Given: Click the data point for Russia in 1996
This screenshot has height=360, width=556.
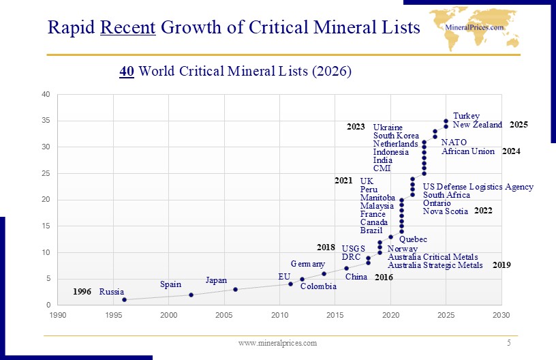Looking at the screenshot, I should click(x=124, y=299).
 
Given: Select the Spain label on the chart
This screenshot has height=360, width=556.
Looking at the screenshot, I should click(x=170, y=284).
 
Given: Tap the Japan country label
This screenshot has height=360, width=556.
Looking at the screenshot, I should click(x=216, y=280).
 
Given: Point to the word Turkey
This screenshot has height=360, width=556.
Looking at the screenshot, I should click(x=466, y=117).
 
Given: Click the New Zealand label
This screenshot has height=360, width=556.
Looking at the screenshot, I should click(x=477, y=125).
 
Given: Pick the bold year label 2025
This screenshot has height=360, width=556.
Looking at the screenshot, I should click(x=519, y=125).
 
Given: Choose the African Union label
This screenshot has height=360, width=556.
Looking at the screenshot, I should click(x=468, y=151).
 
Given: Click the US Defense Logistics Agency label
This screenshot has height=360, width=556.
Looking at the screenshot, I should click(x=478, y=187).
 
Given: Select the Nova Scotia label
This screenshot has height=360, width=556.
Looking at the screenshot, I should click(x=445, y=211).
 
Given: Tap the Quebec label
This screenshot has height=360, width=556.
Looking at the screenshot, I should click(x=413, y=239).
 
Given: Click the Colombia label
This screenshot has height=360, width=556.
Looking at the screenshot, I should click(x=318, y=286).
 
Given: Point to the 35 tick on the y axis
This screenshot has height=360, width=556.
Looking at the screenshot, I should click(x=46, y=121).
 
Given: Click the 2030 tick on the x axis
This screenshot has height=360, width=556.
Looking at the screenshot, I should click(x=501, y=315).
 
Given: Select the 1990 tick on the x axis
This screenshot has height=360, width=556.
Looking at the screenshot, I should click(x=58, y=315).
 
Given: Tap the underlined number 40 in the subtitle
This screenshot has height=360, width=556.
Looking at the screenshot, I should click(x=126, y=71).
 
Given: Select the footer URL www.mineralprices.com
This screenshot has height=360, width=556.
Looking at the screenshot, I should click(x=277, y=342).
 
